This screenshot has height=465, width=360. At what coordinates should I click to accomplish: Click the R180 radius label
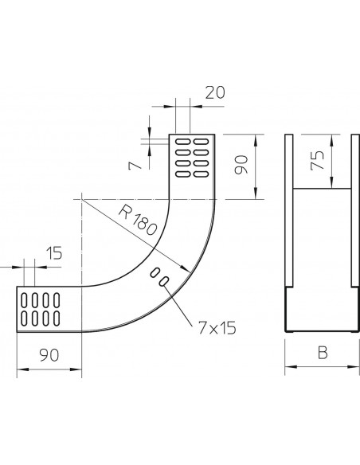point(140,227)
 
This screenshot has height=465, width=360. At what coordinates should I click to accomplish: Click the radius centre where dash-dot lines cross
point(80,198)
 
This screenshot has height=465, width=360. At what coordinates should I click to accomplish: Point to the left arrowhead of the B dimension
point(289,367)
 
